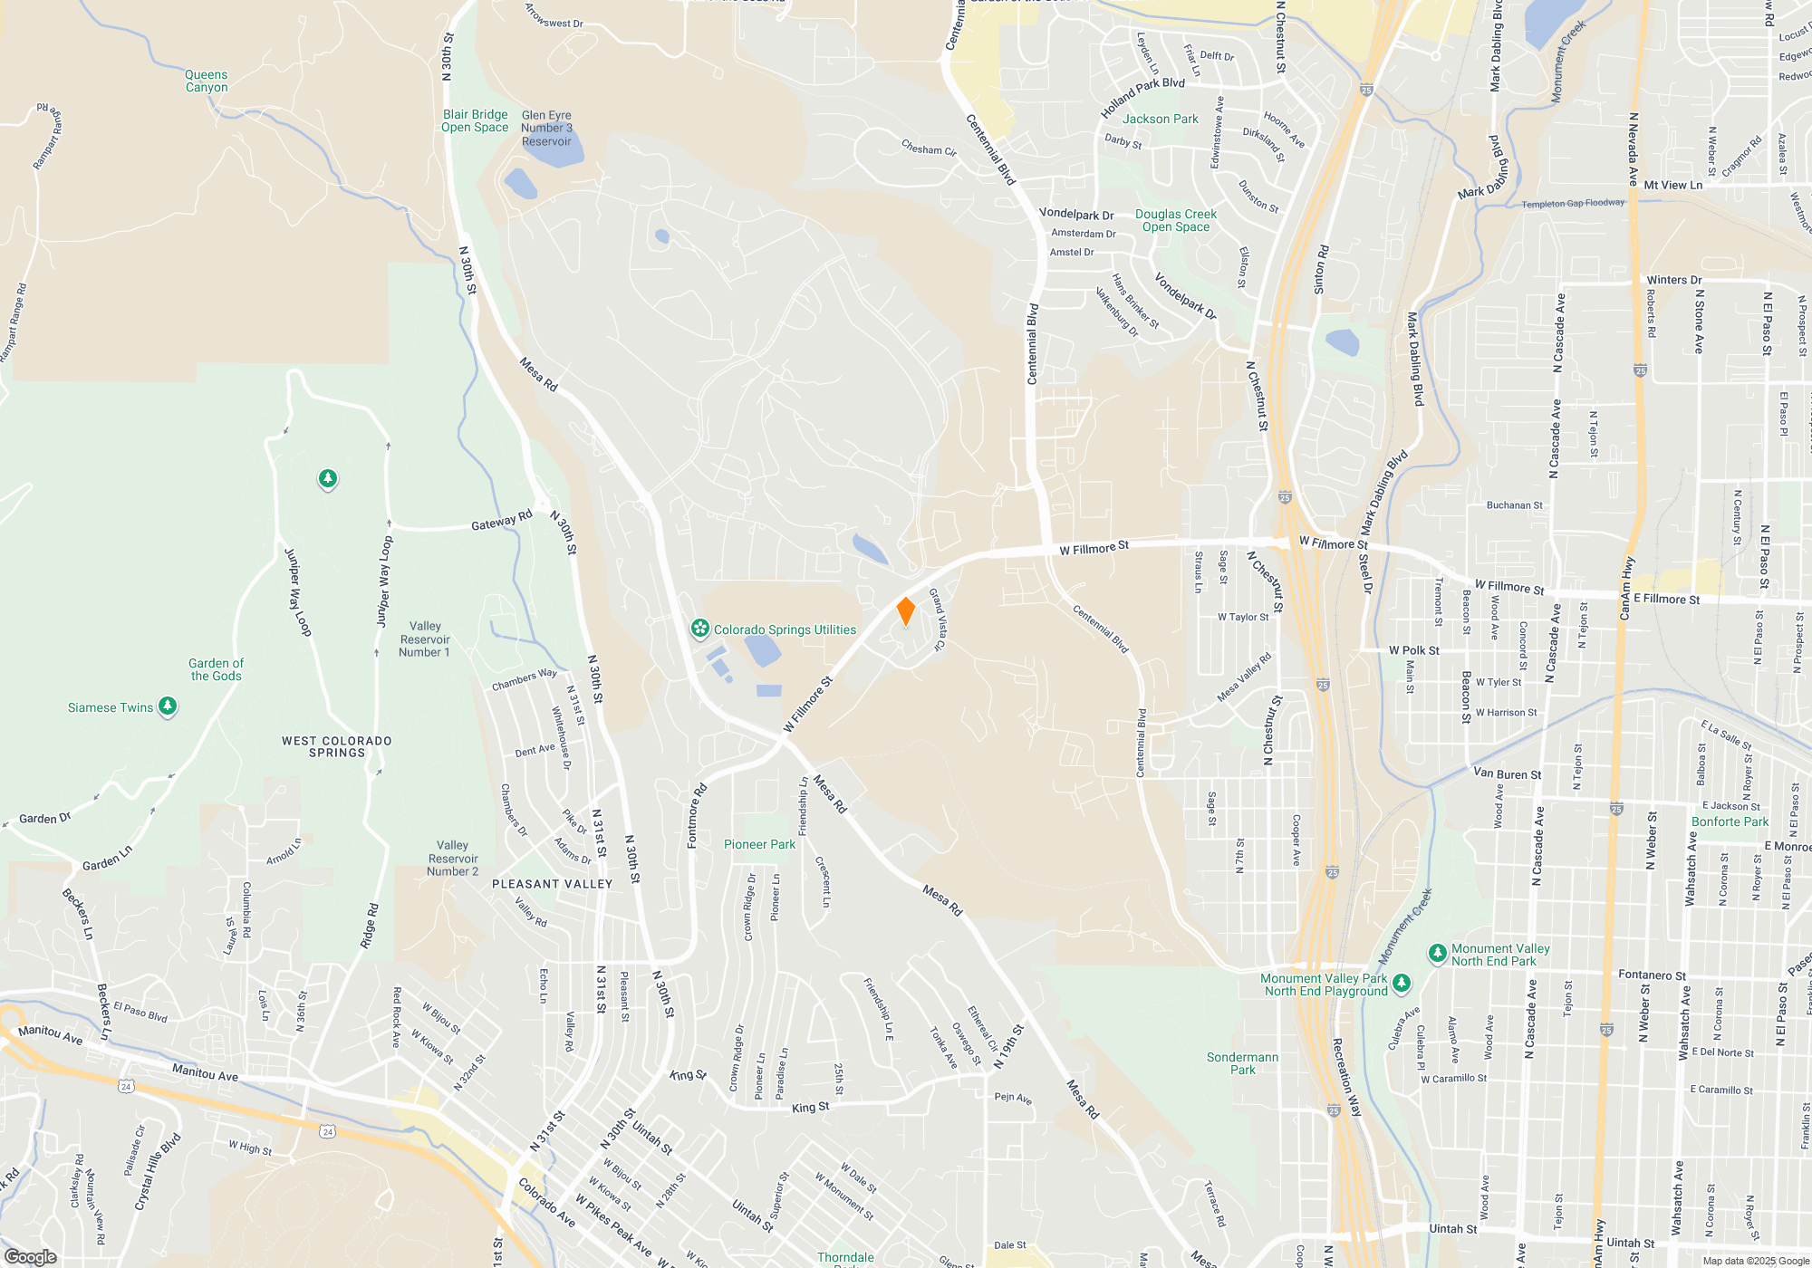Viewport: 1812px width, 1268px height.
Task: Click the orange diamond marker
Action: point(905,611)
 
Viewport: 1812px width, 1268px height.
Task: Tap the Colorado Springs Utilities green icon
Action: point(699,629)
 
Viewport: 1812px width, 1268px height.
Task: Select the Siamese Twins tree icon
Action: point(168,706)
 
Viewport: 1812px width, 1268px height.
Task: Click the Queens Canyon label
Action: point(207,82)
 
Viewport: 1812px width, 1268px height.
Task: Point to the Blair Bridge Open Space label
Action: point(475,120)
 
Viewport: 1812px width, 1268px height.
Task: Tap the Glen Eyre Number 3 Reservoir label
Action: point(546,129)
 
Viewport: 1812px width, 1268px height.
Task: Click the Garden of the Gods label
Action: point(216,669)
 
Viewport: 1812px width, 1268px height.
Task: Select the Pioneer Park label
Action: point(759,844)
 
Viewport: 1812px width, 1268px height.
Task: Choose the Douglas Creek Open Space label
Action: point(1176,220)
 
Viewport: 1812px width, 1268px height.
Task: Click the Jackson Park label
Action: point(1160,119)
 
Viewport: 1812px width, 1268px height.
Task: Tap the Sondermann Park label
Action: point(1242,1063)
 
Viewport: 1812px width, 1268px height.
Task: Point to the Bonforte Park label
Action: point(1730,821)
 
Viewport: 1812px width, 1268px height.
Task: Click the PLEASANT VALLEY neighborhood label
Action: point(553,884)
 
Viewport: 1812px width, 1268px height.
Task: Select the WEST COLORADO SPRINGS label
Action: point(337,746)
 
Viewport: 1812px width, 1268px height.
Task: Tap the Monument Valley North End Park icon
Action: point(1437,953)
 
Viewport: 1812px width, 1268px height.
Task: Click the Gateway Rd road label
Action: point(501,521)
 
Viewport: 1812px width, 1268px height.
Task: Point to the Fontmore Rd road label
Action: point(696,815)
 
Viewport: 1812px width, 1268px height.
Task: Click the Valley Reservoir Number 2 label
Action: point(452,858)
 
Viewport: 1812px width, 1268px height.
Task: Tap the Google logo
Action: point(30,1257)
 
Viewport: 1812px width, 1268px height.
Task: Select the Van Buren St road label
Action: point(1507,773)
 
